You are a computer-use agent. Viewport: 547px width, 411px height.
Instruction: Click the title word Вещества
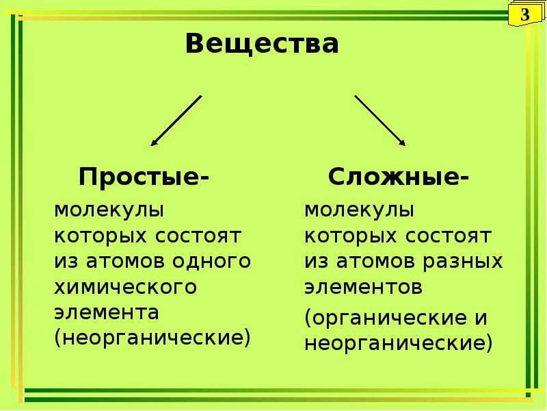tap(262, 43)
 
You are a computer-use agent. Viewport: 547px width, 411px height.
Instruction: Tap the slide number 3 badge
tap(524, 14)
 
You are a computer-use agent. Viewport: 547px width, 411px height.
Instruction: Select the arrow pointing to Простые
tap(176, 121)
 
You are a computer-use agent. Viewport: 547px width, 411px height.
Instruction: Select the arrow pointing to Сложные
tap(380, 121)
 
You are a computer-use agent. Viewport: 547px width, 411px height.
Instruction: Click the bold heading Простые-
tap(144, 177)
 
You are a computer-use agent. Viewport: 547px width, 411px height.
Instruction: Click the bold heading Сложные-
tap(399, 177)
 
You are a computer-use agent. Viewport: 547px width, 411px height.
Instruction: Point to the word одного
tap(211, 261)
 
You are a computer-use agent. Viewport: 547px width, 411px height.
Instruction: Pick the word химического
tap(126, 287)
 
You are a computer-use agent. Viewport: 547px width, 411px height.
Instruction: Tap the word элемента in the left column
tap(107, 312)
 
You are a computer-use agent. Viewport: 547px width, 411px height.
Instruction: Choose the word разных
tap(463, 261)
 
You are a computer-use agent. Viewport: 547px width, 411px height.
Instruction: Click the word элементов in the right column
tap(364, 287)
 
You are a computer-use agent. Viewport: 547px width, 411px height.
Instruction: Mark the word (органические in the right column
tap(386, 318)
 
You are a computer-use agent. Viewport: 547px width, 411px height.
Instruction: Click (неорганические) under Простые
tap(152, 338)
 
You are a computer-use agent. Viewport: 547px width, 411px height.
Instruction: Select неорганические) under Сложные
tap(399, 343)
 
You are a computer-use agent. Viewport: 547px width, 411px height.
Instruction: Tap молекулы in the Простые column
tap(109, 210)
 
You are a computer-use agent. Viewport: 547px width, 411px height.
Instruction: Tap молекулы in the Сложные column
tap(360, 210)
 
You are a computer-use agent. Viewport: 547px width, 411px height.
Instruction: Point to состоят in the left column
tap(198, 236)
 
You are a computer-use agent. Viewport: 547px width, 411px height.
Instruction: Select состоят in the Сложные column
tap(449, 236)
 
